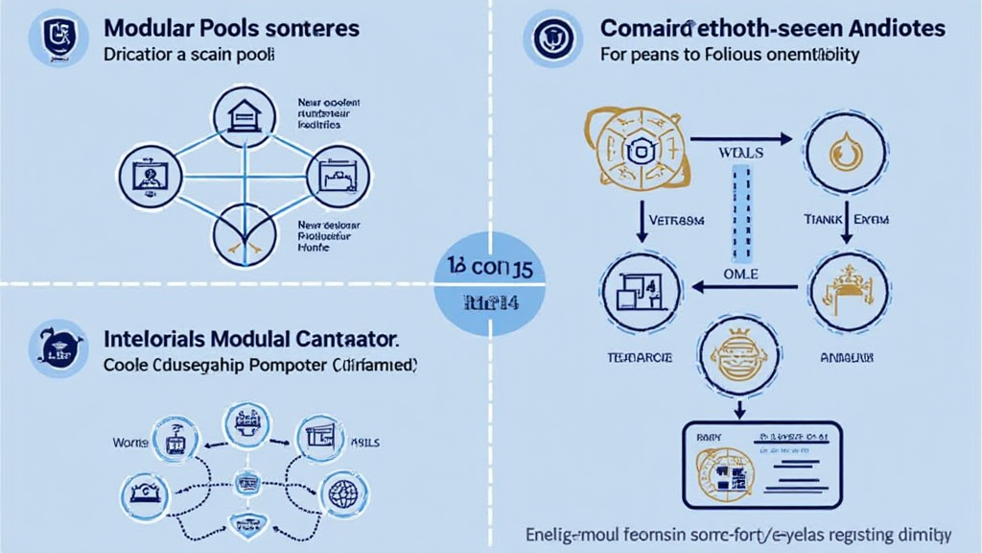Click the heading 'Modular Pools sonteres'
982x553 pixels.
(231, 27)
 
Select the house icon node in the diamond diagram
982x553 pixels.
(240, 117)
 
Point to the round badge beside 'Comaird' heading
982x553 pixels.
(552, 39)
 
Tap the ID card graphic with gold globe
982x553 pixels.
(760, 465)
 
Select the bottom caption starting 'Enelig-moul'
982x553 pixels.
(738, 533)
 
